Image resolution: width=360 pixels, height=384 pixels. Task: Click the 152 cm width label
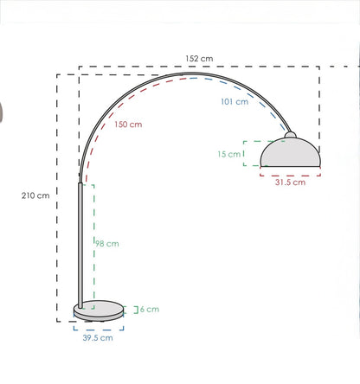pos(199,59)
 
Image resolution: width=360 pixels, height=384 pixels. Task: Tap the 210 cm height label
pos(35,195)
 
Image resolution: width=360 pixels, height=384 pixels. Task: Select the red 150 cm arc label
pos(128,125)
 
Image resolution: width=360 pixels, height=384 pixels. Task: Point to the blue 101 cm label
pos(235,101)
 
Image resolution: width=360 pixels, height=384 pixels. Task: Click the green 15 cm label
pos(229,154)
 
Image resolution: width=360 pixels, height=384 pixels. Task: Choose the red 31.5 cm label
pos(290,182)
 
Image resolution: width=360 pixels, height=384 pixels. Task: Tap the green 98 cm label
pos(107,244)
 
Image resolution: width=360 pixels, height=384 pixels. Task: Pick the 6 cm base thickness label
pos(150,310)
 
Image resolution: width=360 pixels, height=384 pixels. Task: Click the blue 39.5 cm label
pos(98,337)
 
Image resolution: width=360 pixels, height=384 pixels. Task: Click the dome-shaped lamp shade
pos(290,153)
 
